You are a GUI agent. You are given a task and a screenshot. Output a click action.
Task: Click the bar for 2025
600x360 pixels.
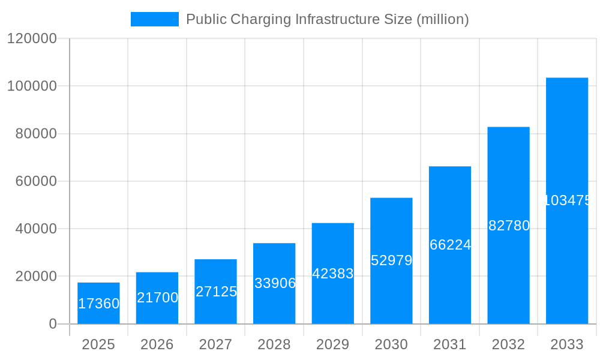[x=98, y=303]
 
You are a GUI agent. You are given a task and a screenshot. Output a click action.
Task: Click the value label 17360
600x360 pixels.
[x=99, y=304]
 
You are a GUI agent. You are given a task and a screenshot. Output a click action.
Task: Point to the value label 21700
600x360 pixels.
[x=157, y=298]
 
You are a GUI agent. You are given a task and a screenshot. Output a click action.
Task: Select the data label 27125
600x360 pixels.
[x=216, y=292]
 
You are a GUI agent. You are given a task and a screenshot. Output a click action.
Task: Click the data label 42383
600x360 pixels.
[x=333, y=274]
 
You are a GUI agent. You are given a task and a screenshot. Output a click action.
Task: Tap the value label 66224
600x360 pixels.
[x=450, y=245]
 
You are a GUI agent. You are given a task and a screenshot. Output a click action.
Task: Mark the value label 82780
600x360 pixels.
[x=509, y=226]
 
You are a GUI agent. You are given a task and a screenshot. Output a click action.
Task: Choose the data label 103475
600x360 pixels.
[x=567, y=200]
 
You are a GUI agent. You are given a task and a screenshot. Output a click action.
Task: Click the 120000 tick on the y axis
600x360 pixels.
[x=32, y=38]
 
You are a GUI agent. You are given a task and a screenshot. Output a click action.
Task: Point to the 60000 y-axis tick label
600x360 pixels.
[x=35, y=181]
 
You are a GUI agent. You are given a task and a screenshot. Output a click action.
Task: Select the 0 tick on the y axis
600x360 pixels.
[x=53, y=324]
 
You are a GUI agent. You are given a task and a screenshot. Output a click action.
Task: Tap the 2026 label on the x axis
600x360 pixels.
[x=157, y=344]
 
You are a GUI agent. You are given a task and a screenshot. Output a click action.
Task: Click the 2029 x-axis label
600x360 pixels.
[x=333, y=344]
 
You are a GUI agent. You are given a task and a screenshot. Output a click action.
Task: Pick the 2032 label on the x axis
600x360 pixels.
[x=508, y=344]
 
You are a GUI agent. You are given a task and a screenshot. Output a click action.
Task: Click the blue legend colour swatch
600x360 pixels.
[x=155, y=19]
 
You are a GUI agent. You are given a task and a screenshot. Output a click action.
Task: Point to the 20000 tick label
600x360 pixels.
[x=35, y=277]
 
